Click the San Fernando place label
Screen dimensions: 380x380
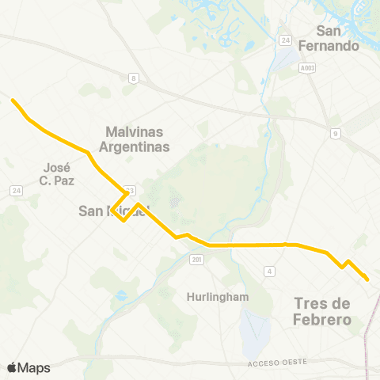(x=338, y=38)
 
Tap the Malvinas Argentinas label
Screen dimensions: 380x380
(x=136, y=139)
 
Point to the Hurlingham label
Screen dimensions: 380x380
(x=218, y=297)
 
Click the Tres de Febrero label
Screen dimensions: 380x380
(x=322, y=311)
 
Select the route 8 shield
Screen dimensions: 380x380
(x=134, y=77)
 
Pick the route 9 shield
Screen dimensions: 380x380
(x=336, y=133)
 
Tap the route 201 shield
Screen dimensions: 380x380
(x=197, y=260)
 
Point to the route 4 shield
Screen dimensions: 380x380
(x=270, y=272)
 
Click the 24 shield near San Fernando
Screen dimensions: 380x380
(x=286, y=39)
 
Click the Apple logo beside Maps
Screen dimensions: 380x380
(x=12, y=367)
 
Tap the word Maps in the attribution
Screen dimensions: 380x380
(x=34, y=367)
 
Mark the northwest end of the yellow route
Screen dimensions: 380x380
(x=12, y=100)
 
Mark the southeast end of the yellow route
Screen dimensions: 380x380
(x=368, y=279)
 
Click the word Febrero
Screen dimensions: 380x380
(x=322, y=320)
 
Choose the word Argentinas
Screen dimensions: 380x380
(x=136, y=147)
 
